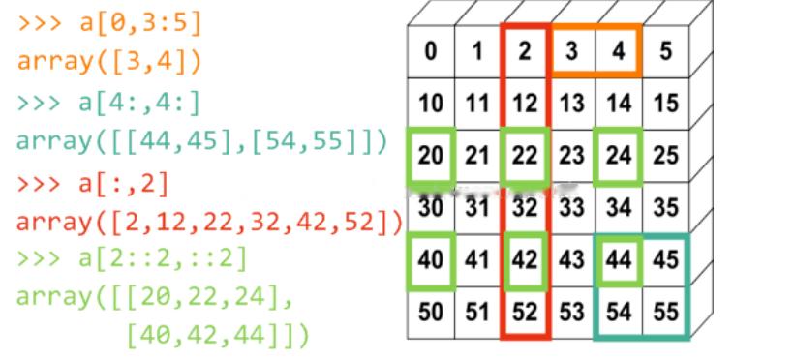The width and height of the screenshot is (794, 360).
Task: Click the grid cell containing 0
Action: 429,51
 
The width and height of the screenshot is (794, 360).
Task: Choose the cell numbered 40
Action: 429,260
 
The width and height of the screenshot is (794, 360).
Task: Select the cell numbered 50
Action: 429,312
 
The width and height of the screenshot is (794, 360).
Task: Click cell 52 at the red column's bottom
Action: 524,312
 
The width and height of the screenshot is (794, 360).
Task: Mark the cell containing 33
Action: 570,206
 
